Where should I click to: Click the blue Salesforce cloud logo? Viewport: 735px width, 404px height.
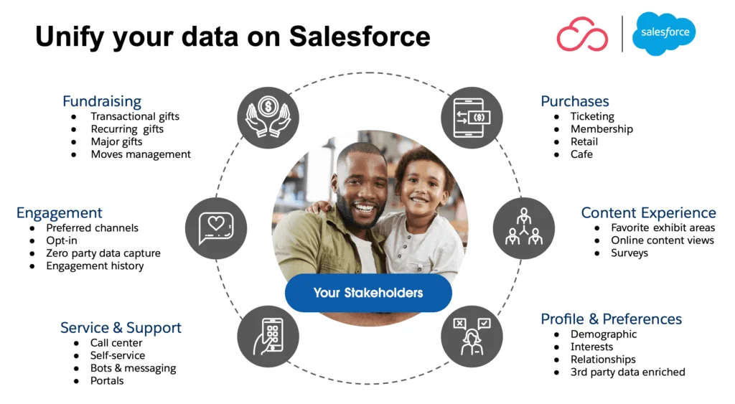point(664,33)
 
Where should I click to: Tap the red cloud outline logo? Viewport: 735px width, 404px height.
point(582,34)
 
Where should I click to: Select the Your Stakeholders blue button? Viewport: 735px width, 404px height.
point(368,293)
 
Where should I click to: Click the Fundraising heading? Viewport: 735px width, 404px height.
point(102,101)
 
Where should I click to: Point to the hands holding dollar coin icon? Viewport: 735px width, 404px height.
point(268,118)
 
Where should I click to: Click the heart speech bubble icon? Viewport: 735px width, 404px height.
point(216,228)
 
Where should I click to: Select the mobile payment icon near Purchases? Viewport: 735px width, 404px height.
point(472,118)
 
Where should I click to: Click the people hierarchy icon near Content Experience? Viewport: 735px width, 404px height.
point(523,228)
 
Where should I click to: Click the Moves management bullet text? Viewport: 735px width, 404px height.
point(141,154)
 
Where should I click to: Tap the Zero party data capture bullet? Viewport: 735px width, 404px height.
point(103,253)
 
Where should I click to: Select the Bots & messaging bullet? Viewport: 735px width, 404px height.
point(133,368)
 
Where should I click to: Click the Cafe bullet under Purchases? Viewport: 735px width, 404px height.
point(581,154)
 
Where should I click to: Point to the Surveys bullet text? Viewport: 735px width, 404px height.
point(629,253)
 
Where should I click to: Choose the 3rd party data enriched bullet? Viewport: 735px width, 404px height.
point(627,372)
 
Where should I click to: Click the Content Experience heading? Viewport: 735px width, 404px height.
point(648,213)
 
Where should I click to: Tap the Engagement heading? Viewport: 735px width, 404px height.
point(60,213)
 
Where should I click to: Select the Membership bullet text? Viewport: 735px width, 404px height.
point(601,129)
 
